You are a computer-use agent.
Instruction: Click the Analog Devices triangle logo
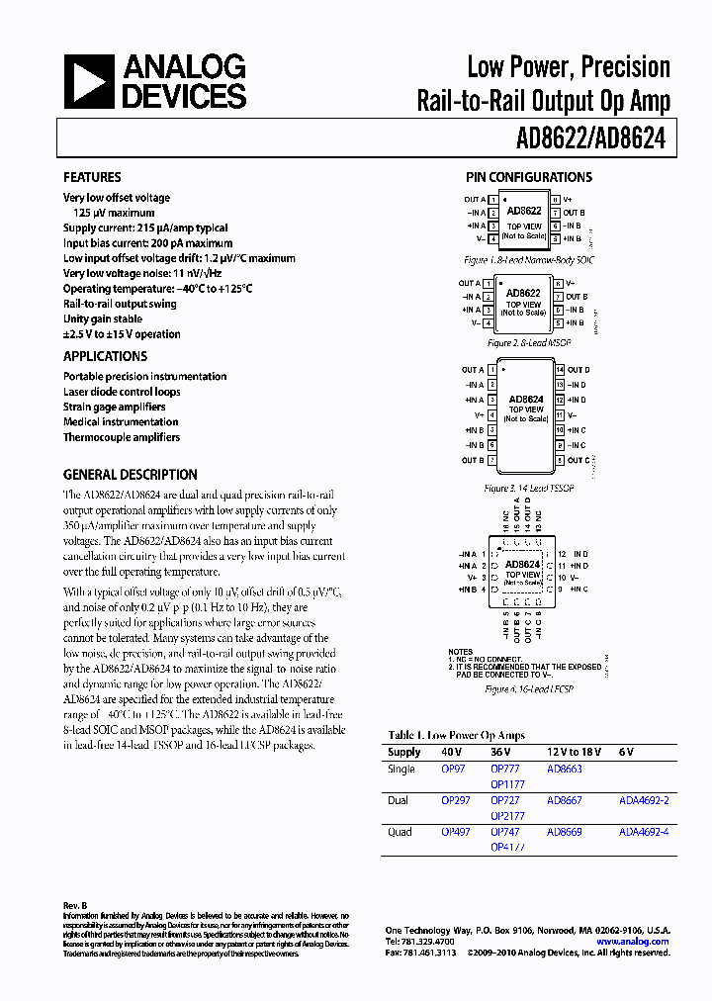tap(90, 80)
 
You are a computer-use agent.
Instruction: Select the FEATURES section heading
tap(92, 177)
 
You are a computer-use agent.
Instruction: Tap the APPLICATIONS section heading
tap(105, 356)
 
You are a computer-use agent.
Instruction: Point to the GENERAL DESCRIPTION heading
tap(130, 474)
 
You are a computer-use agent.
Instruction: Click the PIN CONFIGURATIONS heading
tap(529, 177)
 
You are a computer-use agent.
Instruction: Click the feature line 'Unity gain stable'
tap(103, 319)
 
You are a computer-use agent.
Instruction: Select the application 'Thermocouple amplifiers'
tap(122, 437)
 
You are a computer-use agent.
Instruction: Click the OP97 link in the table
tap(453, 769)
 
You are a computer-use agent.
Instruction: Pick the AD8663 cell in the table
tap(564, 769)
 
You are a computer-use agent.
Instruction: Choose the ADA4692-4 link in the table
tap(644, 832)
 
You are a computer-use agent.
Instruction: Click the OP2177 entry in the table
tap(507, 816)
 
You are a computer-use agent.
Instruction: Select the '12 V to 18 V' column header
tap(573, 753)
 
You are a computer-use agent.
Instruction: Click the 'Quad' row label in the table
tap(400, 832)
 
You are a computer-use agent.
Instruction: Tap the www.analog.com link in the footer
tap(633, 942)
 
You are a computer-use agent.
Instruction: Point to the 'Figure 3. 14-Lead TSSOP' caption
tap(529, 489)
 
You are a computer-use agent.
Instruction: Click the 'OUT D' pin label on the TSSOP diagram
tap(578, 370)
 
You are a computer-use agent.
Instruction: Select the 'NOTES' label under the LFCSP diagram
tap(461, 652)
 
